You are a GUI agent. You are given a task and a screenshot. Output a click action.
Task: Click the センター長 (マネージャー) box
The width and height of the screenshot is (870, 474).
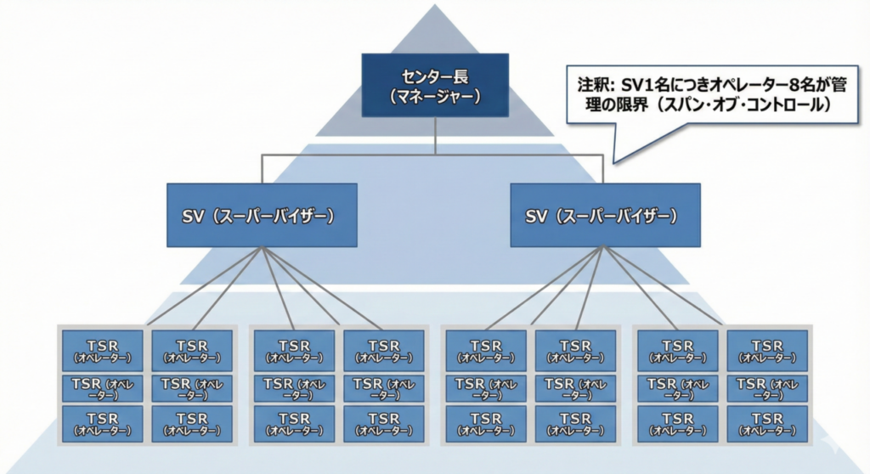click(435, 85)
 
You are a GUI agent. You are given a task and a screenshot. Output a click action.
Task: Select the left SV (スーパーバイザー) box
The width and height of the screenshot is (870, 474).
click(262, 216)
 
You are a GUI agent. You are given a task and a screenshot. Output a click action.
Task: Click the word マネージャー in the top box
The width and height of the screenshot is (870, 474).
click(435, 97)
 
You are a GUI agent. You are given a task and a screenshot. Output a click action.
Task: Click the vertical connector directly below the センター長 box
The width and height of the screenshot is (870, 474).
click(435, 136)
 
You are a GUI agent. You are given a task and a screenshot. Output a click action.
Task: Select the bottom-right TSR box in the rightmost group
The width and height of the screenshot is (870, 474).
click(766, 424)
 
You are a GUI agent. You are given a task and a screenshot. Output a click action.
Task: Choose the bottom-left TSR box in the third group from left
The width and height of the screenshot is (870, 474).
click(486, 424)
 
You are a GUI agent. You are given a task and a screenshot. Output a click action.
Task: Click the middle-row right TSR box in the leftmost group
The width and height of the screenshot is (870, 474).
click(191, 387)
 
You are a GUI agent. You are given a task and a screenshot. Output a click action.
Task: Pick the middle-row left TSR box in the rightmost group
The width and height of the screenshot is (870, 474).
click(677, 387)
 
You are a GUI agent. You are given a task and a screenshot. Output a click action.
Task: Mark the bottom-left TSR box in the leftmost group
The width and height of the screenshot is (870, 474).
click(102, 424)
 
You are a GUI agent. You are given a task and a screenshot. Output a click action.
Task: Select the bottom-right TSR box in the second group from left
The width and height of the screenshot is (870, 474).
click(383, 424)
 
